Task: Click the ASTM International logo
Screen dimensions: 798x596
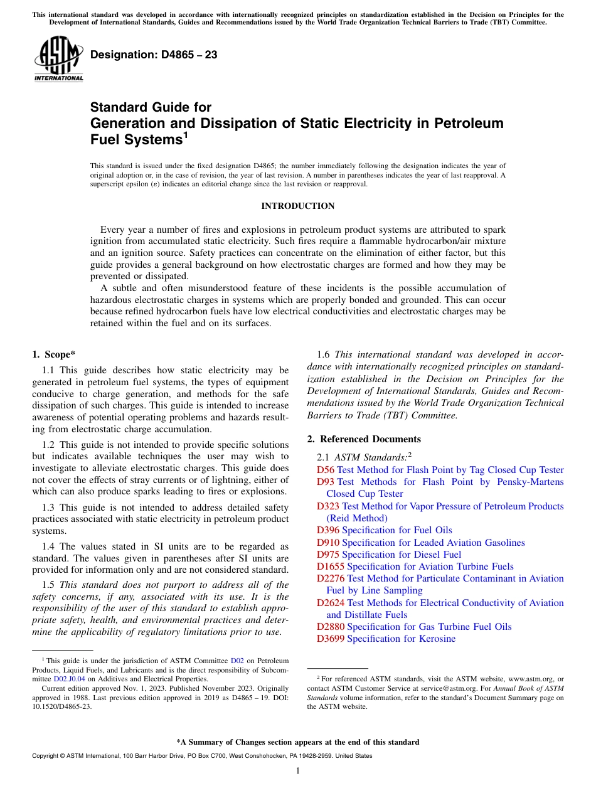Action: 58,59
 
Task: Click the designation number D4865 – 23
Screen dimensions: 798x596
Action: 154,55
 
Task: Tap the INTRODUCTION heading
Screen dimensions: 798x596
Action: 297,206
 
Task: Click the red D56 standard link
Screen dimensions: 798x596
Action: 325,470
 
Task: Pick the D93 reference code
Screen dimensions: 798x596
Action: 325,482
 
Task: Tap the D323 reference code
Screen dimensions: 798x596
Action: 327,506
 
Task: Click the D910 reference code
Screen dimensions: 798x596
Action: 327,543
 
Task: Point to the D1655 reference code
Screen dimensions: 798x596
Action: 330,567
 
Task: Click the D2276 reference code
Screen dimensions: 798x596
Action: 330,578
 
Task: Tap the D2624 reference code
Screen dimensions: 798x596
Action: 330,603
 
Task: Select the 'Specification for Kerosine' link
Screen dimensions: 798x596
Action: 401,639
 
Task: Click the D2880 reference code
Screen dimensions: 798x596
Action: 330,627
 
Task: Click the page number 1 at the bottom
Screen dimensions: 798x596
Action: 297,771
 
